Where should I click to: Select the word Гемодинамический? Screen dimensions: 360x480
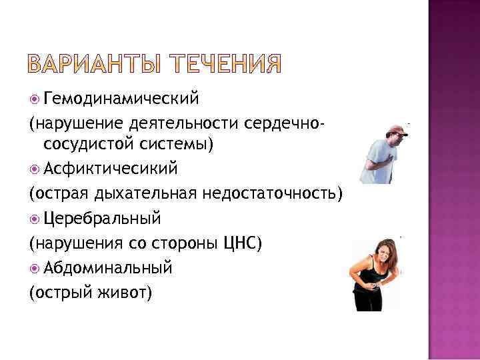pos(121,99)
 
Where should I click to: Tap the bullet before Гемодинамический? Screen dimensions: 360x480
pos(34,100)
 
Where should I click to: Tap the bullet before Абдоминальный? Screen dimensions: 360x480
pos(34,268)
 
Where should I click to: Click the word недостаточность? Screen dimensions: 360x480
pos(281,193)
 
